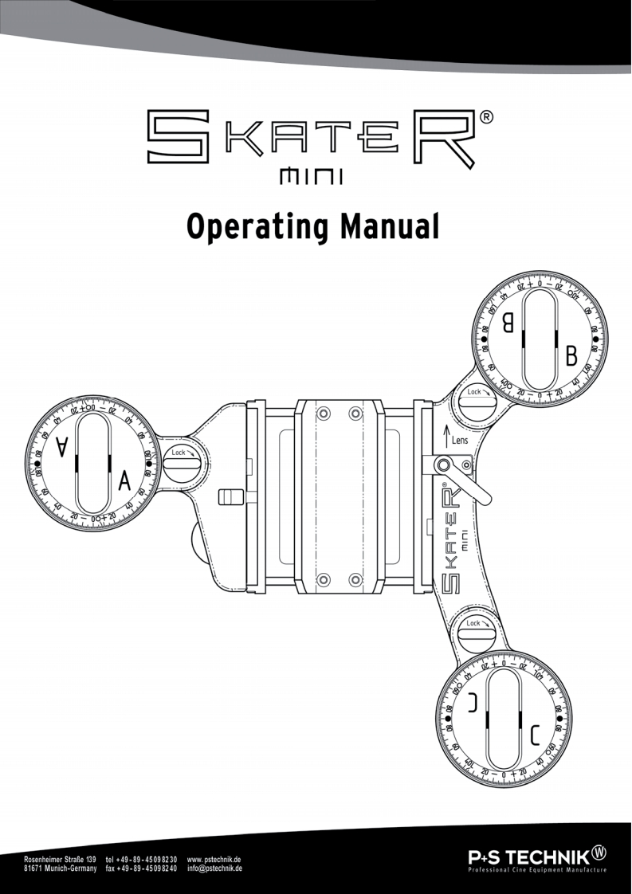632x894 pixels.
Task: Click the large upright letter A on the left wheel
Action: (x=124, y=480)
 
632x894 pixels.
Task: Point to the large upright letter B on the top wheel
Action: (x=571, y=356)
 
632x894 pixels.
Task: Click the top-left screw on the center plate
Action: (x=322, y=414)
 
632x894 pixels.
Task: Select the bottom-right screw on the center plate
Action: (x=355, y=577)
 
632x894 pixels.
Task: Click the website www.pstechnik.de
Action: (x=214, y=861)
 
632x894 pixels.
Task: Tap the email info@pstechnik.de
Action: (x=214, y=869)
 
